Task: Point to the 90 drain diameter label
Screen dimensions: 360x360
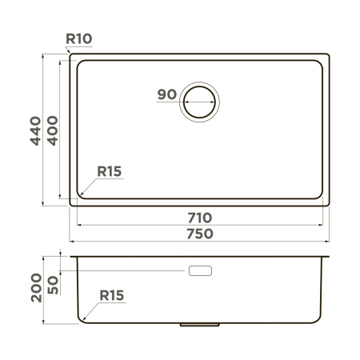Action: click(166, 94)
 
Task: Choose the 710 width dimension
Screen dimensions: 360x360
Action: click(200, 218)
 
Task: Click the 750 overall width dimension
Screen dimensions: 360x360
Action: click(200, 234)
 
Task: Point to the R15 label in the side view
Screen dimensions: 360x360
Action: click(112, 295)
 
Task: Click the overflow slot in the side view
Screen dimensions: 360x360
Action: click(200, 271)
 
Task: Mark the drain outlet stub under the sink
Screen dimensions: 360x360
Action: click(200, 326)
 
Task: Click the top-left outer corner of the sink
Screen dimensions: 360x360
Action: click(71, 55)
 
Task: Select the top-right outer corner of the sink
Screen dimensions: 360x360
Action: click(328, 55)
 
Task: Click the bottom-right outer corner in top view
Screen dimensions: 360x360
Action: click(328, 205)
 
